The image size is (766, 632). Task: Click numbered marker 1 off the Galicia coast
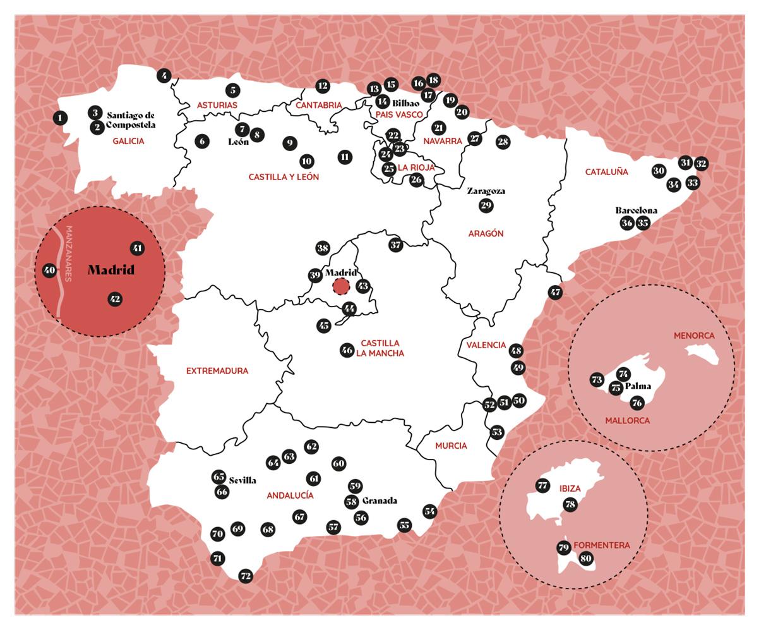click(x=60, y=118)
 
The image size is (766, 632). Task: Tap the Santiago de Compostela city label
click(x=131, y=120)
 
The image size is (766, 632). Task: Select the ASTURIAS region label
click(x=217, y=105)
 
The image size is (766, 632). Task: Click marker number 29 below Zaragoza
click(x=486, y=205)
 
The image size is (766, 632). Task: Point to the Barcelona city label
click(x=636, y=210)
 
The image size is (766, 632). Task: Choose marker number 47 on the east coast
click(x=555, y=293)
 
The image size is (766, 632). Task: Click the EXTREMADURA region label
click(x=217, y=371)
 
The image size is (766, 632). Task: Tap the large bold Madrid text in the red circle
click(x=111, y=270)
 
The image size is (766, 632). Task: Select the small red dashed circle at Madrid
click(x=341, y=287)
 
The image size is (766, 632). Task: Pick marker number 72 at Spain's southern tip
click(x=246, y=576)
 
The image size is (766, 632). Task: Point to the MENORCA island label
click(x=694, y=335)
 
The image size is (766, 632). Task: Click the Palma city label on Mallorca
click(x=638, y=386)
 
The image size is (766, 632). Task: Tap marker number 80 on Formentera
click(x=585, y=558)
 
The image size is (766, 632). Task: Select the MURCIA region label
click(x=451, y=446)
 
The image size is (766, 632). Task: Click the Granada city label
click(x=380, y=501)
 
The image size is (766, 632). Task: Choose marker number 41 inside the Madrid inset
click(x=137, y=248)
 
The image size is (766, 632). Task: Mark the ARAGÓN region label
click(x=486, y=233)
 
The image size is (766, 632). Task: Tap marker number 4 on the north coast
click(x=164, y=76)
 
